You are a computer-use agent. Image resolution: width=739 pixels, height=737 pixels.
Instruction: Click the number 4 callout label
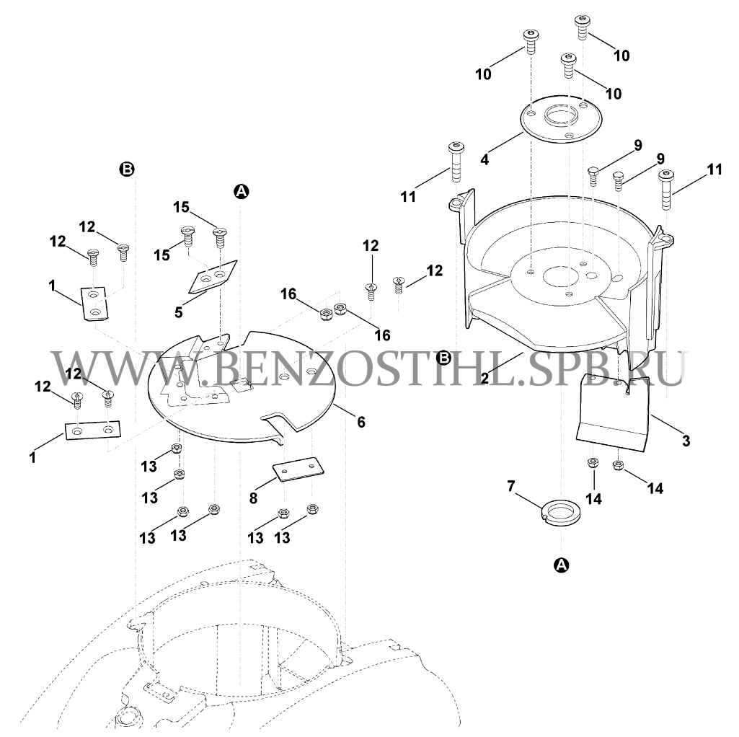(484, 159)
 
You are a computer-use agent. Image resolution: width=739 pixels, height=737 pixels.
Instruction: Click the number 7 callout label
(511, 485)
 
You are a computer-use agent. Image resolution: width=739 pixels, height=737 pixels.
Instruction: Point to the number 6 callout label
(361, 422)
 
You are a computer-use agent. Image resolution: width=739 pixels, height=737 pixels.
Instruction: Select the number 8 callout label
(254, 498)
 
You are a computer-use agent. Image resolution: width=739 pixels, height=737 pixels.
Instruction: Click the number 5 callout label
(178, 312)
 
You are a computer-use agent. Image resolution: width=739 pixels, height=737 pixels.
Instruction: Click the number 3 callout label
(686, 441)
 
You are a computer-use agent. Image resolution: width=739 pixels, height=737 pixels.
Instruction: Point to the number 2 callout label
(485, 378)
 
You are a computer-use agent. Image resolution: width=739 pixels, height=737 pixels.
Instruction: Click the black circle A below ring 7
(561, 565)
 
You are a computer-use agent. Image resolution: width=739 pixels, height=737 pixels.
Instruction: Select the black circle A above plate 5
(242, 191)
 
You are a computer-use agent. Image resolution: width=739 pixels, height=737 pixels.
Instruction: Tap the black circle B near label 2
(444, 358)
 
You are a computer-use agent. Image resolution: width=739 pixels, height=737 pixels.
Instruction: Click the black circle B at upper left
(128, 169)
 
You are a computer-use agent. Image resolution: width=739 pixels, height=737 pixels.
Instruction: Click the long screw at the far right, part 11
(665, 190)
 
